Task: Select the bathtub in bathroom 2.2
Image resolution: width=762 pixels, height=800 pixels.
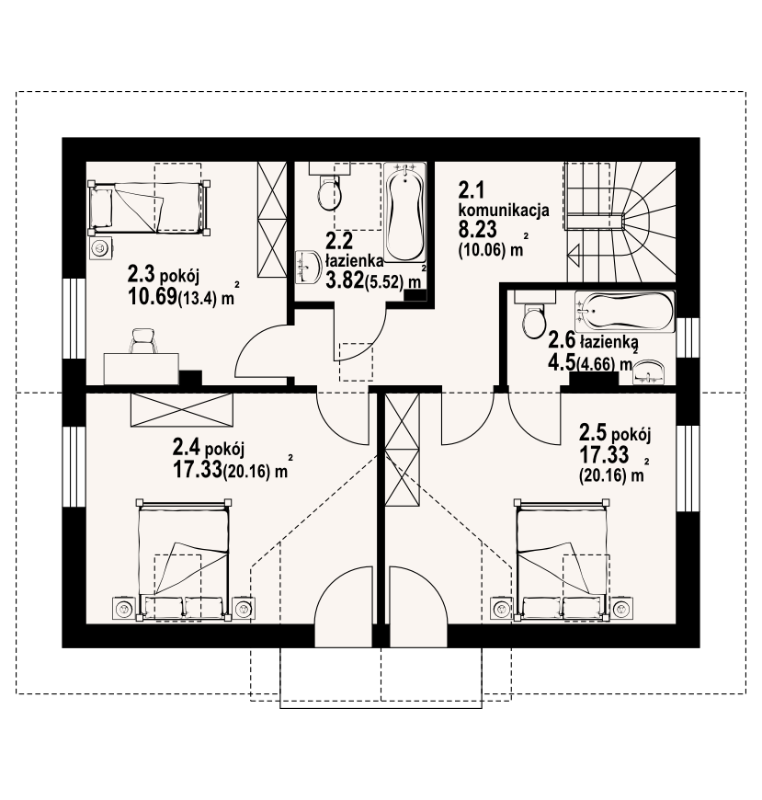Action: [x=404, y=212]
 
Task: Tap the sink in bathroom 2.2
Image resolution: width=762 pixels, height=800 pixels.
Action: [x=308, y=266]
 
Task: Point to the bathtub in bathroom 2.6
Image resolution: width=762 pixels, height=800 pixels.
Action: [x=624, y=311]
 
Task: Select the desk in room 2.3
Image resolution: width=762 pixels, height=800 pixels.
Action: [x=142, y=368]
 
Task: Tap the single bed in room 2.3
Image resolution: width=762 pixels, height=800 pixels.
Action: [x=149, y=208]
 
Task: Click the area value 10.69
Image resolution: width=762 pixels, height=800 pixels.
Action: [x=152, y=296]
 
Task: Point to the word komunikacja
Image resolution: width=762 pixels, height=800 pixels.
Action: [x=504, y=211]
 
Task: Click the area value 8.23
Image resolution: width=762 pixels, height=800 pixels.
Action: [x=477, y=230]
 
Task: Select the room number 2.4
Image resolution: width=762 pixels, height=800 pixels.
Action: [x=187, y=448]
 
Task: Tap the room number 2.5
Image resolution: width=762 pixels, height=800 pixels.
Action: [x=593, y=433]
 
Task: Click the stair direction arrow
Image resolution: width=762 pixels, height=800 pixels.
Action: [x=574, y=254]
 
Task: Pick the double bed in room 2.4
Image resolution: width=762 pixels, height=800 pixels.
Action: [x=183, y=560]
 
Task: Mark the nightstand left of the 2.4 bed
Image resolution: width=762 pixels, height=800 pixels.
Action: [x=124, y=608]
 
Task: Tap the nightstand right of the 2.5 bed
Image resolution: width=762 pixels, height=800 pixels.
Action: [x=621, y=608]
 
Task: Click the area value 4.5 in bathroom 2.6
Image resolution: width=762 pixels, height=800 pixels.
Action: [x=561, y=361]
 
